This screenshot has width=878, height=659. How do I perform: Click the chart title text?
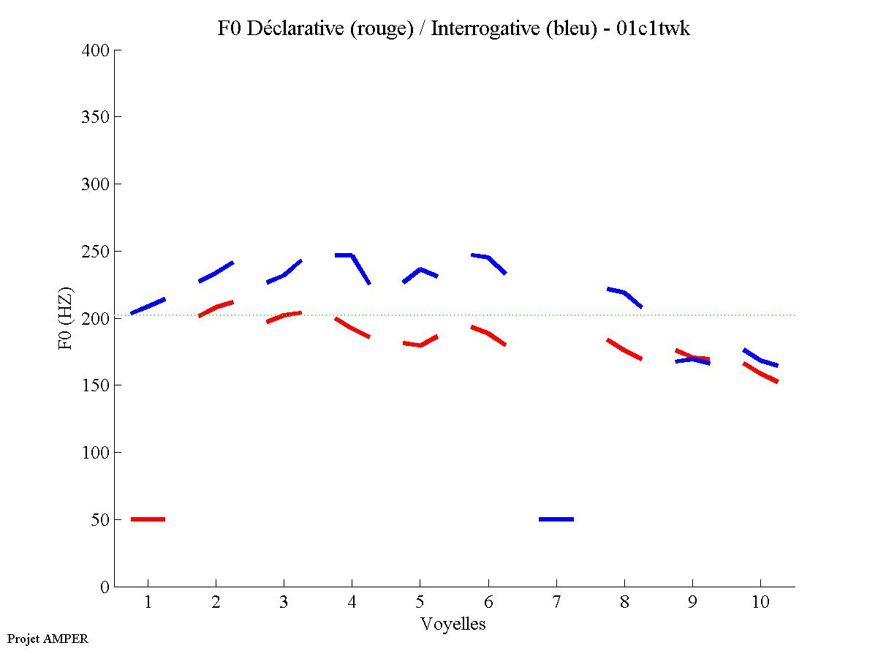[x=453, y=29]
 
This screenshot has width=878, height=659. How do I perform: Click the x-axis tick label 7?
[x=556, y=603]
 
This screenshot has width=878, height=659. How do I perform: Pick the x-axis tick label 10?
[x=760, y=603]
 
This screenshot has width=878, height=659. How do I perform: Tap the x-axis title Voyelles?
[x=453, y=624]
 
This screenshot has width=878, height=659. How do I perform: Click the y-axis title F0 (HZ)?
[x=66, y=318]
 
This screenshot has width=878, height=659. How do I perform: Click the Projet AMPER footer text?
[x=48, y=639]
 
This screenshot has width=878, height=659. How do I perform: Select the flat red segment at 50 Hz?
[x=148, y=519]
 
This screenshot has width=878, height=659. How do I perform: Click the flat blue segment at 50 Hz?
[x=556, y=519]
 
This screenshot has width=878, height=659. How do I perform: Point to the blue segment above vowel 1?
[x=148, y=306]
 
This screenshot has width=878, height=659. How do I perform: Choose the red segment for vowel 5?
[x=420, y=344]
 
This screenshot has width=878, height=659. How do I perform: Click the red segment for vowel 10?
[x=760, y=373]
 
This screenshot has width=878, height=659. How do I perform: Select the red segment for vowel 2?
[x=216, y=307]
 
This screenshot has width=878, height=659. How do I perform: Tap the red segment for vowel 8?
[x=624, y=349]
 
